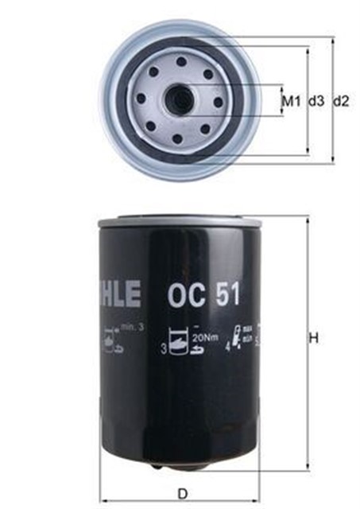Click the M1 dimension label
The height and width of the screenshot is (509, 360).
point(292,101)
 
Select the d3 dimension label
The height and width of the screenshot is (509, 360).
point(315,101)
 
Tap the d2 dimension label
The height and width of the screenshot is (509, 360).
point(341,101)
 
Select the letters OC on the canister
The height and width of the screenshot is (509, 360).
point(183,296)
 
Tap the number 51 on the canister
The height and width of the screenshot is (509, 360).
point(223,296)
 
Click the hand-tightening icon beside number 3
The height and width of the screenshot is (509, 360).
point(181,343)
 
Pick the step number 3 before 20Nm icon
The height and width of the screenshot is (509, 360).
point(164,348)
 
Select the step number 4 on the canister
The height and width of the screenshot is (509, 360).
point(228,348)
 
